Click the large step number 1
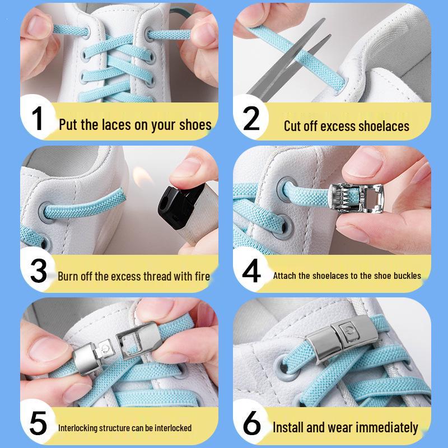(x=38, y=118)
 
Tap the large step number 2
(x=251, y=118)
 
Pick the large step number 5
(x=38, y=423)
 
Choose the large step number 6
(x=251, y=423)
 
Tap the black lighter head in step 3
(x=180, y=206)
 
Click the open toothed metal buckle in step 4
(x=356, y=198)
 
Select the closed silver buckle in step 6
(x=342, y=339)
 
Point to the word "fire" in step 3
(x=202, y=276)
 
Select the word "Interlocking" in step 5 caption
(x=74, y=428)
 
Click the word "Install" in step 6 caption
(x=288, y=427)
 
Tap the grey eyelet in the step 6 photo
(x=286, y=368)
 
